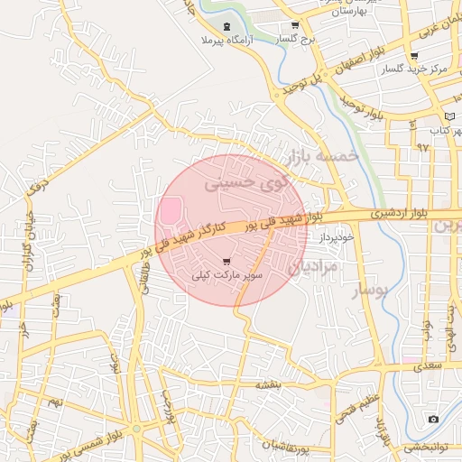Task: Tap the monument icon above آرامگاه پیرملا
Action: pos(226,25)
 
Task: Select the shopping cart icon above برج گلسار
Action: pos(295,25)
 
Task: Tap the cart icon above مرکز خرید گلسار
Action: pos(414,55)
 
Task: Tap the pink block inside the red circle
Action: pos(170,209)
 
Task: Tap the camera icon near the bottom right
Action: pos(434,420)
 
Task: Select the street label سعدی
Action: pos(428,366)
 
